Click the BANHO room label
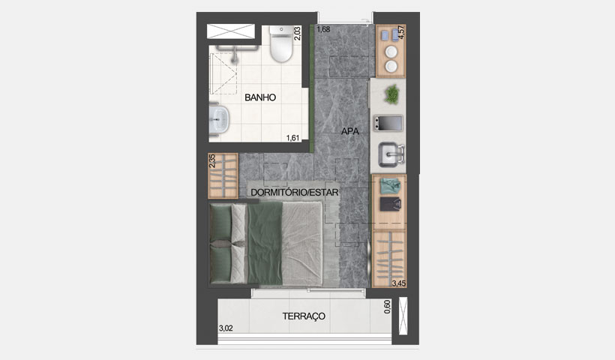(x=261, y=97)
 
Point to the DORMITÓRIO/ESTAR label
(x=295, y=193)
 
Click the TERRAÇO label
(x=304, y=316)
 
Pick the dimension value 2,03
(x=298, y=33)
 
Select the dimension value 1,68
(x=323, y=30)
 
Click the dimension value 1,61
(x=293, y=137)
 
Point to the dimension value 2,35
(x=211, y=161)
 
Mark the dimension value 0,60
(x=387, y=307)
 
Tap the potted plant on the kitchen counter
(x=391, y=94)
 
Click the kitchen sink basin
(x=390, y=155)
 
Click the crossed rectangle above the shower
(x=231, y=31)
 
